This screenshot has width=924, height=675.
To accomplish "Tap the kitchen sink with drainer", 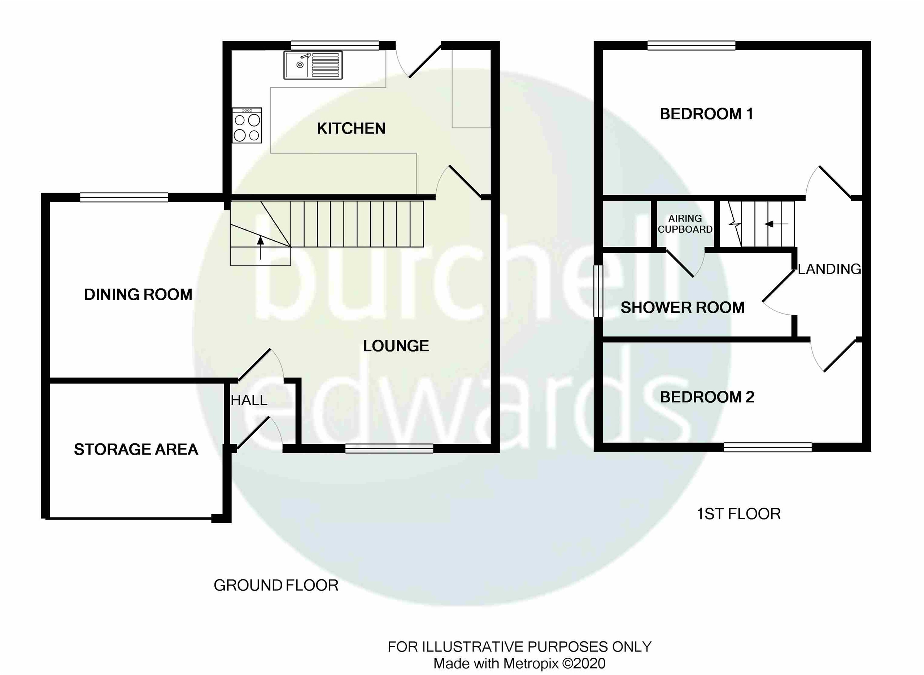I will tap(313, 65).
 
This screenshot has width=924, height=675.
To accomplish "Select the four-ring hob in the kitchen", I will tap(247, 126).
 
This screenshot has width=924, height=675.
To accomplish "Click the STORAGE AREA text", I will tap(136, 450).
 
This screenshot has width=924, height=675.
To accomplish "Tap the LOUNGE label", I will tap(396, 346).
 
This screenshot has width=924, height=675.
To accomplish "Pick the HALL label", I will tap(249, 400).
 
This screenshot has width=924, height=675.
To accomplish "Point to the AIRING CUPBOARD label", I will tap(685, 224).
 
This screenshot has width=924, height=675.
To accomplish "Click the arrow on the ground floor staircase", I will tap(260, 247).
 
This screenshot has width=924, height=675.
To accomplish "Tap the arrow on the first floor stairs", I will tap(776, 224).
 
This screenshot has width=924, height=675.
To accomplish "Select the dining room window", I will tap(124, 198).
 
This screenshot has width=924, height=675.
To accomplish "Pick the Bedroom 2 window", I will tap(767, 448).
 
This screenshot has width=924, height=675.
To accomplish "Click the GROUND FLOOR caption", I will tap(276, 586).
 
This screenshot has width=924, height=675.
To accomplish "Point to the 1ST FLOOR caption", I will tap(738, 514).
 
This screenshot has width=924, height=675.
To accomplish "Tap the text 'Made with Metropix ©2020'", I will tap(519, 663).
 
